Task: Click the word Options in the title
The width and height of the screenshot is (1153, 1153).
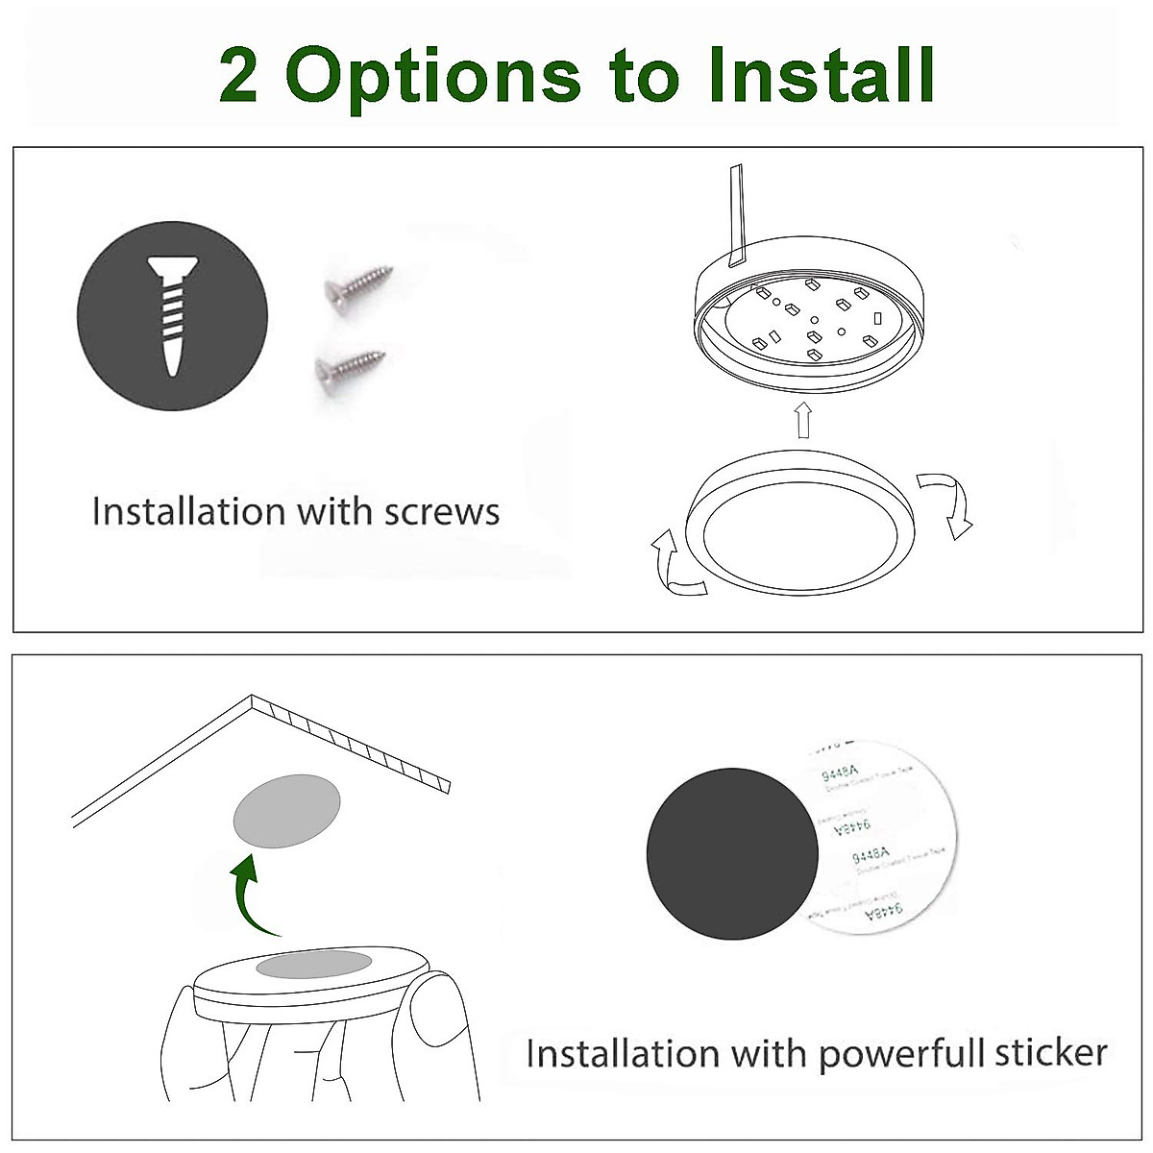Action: click(433, 77)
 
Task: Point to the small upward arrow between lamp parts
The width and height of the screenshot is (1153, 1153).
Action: click(803, 419)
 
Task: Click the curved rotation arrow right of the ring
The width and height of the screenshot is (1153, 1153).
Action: click(946, 503)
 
